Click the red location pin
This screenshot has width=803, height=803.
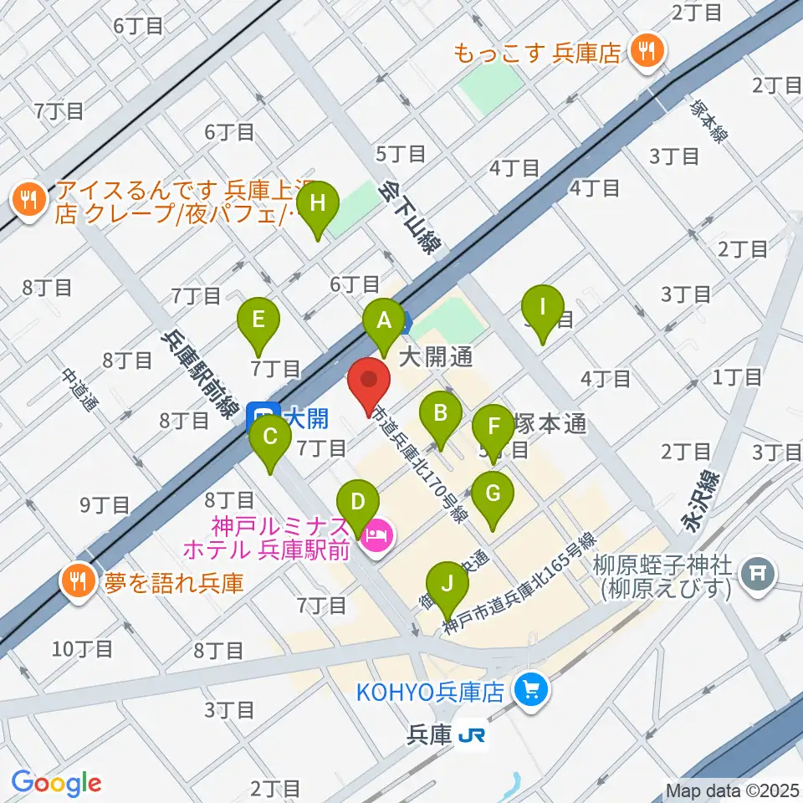[x=370, y=386]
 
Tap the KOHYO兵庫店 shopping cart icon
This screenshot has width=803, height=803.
[x=529, y=691]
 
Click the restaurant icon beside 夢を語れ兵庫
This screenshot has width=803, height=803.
[x=79, y=581]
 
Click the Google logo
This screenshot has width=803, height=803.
[x=56, y=783]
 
